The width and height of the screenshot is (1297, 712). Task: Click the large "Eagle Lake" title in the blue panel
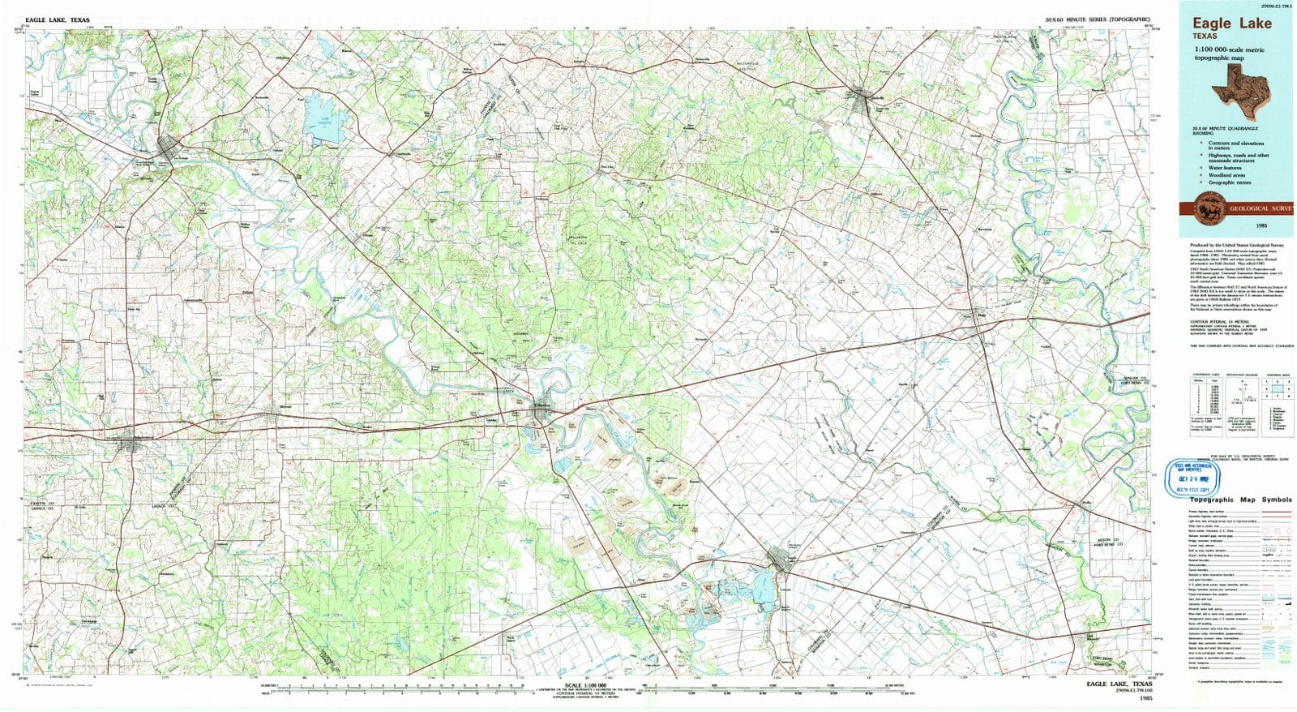[x=1231, y=24]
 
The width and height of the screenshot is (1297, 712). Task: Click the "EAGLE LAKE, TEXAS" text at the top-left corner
[x=58, y=20]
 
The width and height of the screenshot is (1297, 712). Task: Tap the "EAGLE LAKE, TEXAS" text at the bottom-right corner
[x=1118, y=684]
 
